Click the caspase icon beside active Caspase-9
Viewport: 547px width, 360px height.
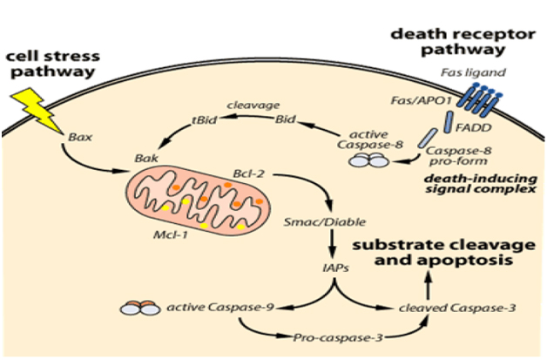coord(137,309)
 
